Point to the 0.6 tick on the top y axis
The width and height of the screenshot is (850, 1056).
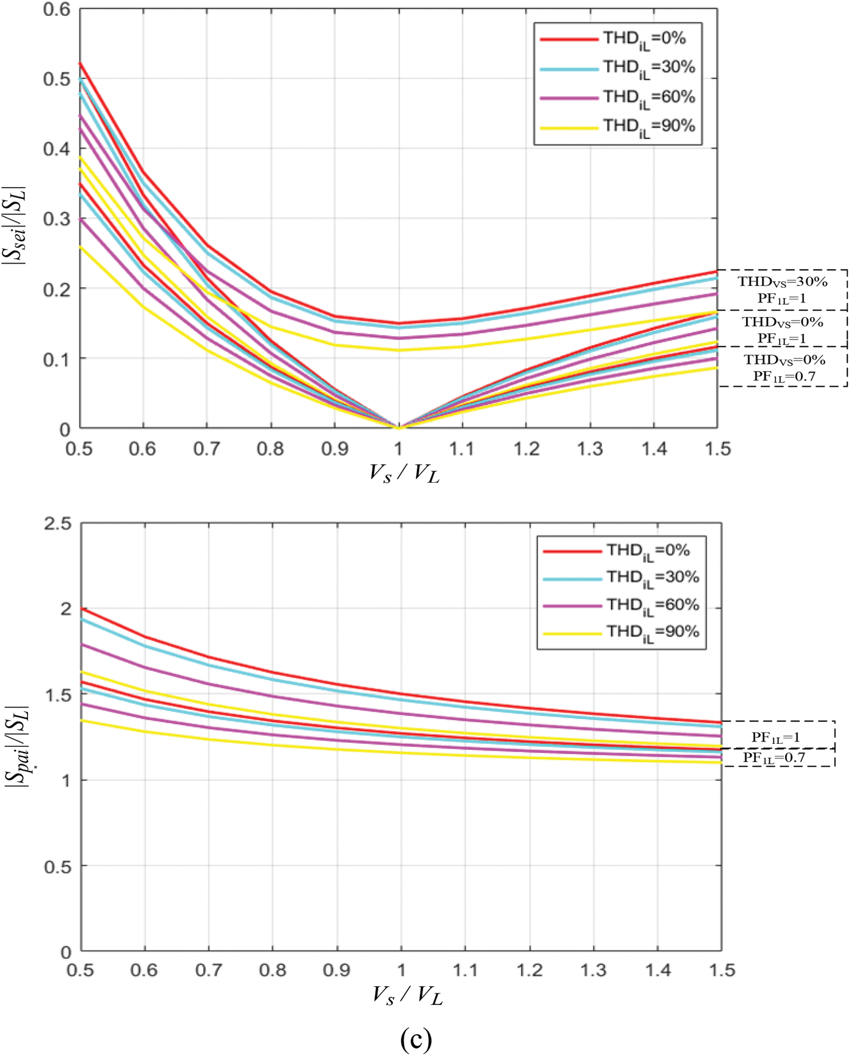coord(56,10)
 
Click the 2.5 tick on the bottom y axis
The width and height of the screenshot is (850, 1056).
coord(58,523)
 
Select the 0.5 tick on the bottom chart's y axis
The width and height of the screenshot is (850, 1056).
coord(58,866)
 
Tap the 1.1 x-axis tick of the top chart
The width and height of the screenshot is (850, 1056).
coord(462,449)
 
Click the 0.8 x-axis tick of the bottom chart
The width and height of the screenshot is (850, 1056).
coord(273,970)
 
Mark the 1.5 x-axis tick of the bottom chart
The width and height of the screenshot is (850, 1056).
coord(721,970)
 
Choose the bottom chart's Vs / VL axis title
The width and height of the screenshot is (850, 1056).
coord(407,994)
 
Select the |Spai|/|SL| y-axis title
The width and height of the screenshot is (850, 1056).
coord(16,746)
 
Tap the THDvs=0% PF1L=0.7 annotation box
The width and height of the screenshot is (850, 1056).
coord(784,367)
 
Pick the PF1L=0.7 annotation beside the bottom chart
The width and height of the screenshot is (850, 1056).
coord(773,757)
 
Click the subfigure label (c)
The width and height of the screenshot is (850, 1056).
coord(416,1040)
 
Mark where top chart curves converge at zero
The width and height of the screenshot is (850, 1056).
coord(398,427)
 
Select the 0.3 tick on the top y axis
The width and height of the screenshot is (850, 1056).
coord(56,219)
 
